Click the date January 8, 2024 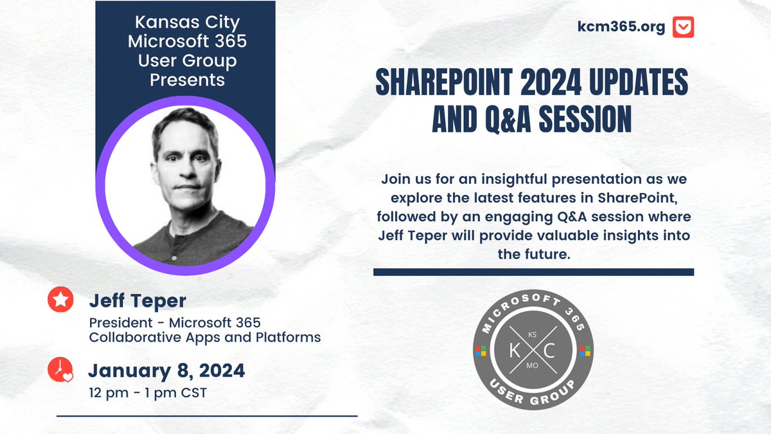tap(166, 371)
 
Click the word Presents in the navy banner tap(186, 80)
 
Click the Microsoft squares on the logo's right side tap(585, 351)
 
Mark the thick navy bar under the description tap(533, 272)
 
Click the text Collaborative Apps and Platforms tap(204, 337)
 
